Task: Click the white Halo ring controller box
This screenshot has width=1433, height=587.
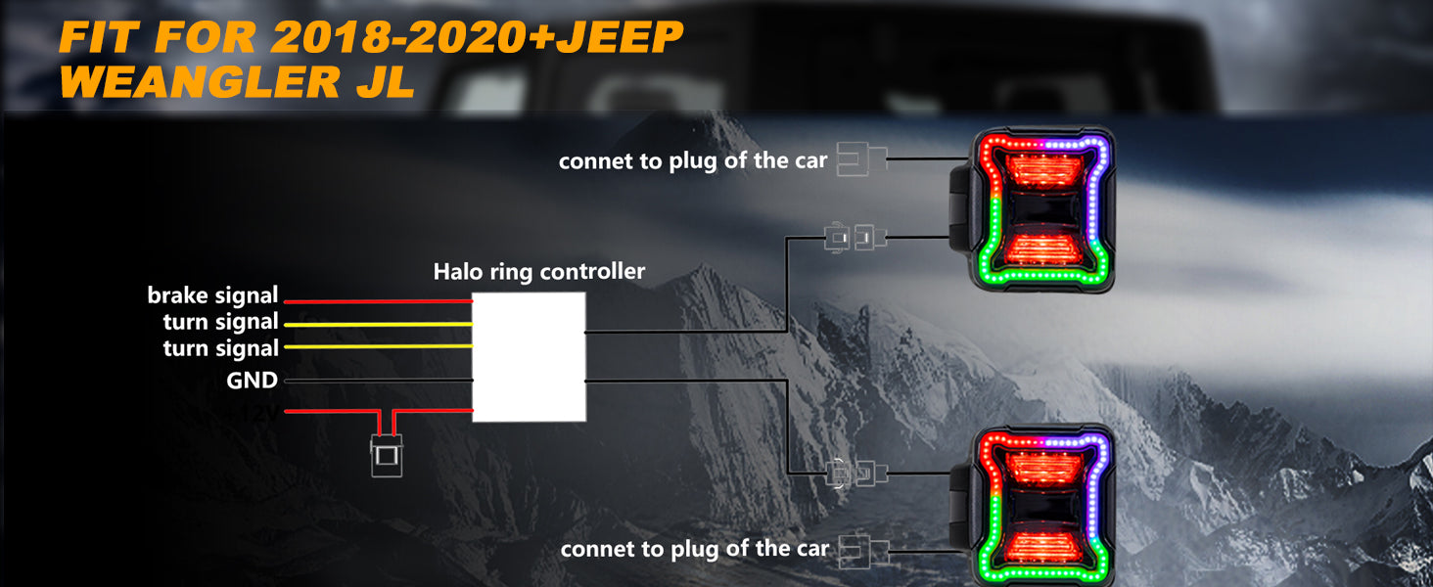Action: [x=529, y=357]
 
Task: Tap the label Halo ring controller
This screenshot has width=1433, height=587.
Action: [x=539, y=271]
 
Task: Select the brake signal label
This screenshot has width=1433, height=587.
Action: [x=212, y=295]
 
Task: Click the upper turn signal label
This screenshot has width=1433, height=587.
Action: [x=220, y=322]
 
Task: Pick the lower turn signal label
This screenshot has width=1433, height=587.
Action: [x=220, y=348]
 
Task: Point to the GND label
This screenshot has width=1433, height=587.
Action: [x=252, y=381]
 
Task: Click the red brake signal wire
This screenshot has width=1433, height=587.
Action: [x=377, y=301]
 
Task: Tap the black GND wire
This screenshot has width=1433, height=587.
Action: [x=377, y=381]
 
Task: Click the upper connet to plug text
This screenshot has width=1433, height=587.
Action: [x=693, y=160]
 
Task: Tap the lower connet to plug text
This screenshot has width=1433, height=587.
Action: [x=694, y=550]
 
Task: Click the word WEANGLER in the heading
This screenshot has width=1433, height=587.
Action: [x=186, y=81]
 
